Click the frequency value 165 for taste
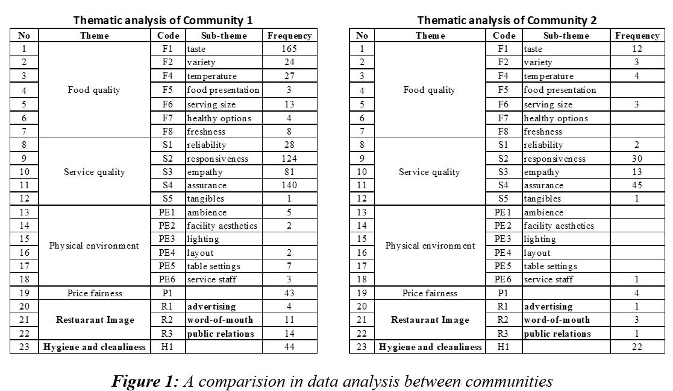(289, 49)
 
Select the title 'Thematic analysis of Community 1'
(163, 21)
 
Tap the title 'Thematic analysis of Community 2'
(507, 21)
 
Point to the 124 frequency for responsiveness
(289, 159)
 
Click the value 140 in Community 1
(289, 185)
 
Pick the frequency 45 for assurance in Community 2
(637, 185)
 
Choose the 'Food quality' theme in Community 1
(94, 90)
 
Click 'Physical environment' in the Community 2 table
(430, 246)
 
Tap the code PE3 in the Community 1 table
(168, 239)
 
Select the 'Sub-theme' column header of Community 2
(566, 36)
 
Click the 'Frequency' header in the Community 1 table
(289, 36)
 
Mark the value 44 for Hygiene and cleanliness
(289, 347)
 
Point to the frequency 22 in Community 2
(637, 347)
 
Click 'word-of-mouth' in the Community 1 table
(220, 320)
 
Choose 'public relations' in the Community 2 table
(557, 334)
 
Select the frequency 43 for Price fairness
(289, 293)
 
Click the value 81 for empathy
(289, 172)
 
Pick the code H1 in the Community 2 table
(504, 347)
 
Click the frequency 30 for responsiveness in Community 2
(637, 159)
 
